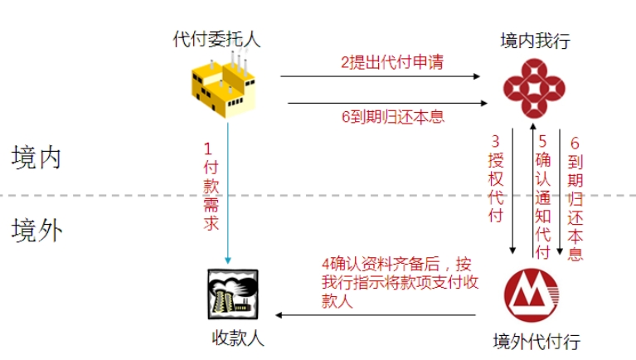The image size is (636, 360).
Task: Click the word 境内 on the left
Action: (x=36, y=158)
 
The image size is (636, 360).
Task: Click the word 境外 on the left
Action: (x=36, y=230)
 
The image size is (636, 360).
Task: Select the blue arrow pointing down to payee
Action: (x=227, y=199)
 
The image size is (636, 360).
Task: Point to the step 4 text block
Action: (x=396, y=283)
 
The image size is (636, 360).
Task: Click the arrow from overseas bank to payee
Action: (x=377, y=315)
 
